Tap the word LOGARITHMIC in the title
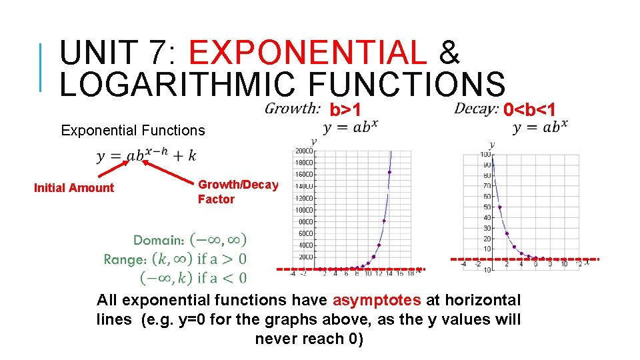[177, 85]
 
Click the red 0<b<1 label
[529, 109]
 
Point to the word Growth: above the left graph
[292, 108]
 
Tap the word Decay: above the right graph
[476, 108]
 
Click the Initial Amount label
[74, 188]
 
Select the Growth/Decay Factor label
[238, 192]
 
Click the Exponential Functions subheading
[133, 131]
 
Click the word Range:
[125, 259]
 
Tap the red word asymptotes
[377, 301]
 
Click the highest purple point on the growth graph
[389, 172]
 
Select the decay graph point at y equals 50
[500, 207]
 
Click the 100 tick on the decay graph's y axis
[486, 155]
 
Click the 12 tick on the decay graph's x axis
[578, 264]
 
